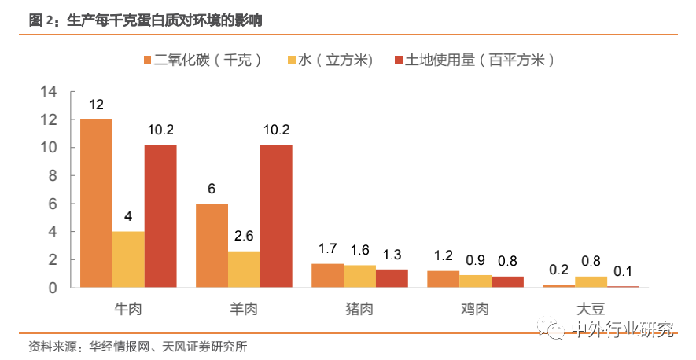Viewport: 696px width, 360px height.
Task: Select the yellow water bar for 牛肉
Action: [x=128, y=259]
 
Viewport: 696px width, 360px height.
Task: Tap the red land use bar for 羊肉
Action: [x=276, y=215]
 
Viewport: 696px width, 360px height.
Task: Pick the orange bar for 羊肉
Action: [x=212, y=245]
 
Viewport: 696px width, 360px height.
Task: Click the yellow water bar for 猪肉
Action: [x=359, y=276]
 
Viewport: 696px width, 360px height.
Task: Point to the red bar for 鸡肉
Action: [x=506, y=282]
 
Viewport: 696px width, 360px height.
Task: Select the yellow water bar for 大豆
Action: [x=591, y=282]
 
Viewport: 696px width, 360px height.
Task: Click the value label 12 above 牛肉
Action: [x=96, y=104]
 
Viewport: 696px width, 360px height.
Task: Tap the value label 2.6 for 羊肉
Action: [x=244, y=236]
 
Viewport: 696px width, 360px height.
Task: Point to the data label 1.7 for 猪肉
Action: [x=327, y=249]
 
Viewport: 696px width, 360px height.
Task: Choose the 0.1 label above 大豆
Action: [x=623, y=271]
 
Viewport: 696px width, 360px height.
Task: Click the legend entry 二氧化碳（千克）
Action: [x=202, y=60]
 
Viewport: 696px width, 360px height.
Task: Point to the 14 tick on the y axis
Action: [x=50, y=91]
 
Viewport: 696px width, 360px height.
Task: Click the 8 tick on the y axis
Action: [x=53, y=175]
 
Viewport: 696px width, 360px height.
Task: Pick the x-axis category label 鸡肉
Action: [x=475, y=309]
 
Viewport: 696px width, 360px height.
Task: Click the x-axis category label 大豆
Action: [x=591, y=309]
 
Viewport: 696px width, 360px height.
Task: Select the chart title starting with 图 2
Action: [x=145, y=20]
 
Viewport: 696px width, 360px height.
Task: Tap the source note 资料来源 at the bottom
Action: [x=142, y=347]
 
